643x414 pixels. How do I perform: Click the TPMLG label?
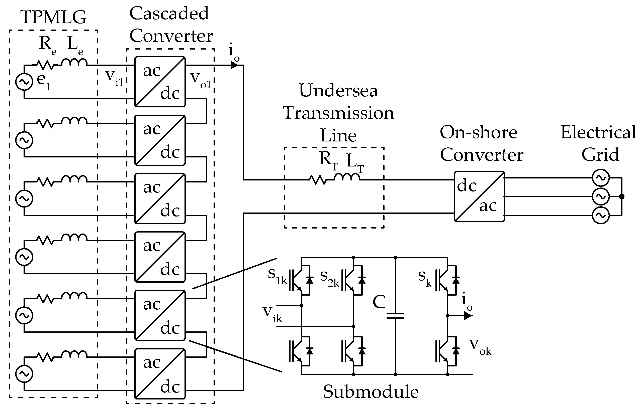[x=53, y=17]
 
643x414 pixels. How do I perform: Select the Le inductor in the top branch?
[x=74, y=62]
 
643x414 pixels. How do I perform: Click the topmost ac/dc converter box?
[x=160, y=82]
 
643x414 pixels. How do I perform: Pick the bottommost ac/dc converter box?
[x=160, y=374]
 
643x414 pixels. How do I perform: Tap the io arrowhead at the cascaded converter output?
[x=234, y=65]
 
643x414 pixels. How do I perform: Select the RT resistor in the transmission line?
[x=318, y=179]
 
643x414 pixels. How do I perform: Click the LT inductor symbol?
[x=347, y=177]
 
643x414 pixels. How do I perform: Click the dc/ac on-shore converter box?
[x=479, y=196]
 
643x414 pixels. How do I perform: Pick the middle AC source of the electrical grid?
[x=601, y=196]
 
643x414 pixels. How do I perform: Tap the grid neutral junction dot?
[x=622, y=196]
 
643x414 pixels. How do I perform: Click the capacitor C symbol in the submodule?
[x=395, y=316]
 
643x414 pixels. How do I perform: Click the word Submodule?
[x=371, y=392]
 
